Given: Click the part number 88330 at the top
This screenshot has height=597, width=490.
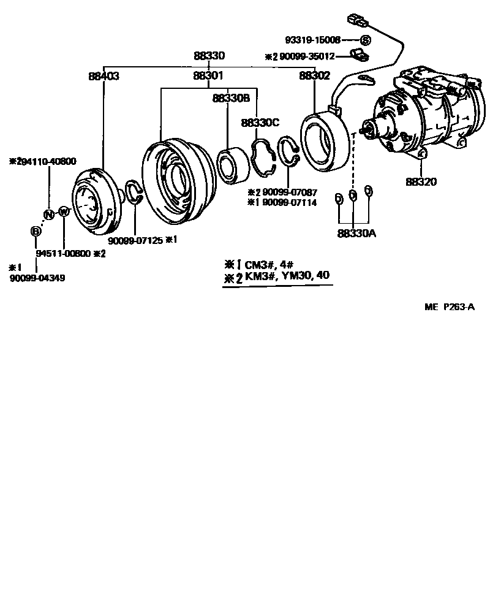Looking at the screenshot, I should (x=209, y=56).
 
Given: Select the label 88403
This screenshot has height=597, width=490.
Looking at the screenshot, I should (x=104, y=77).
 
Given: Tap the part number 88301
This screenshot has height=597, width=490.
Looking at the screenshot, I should (x=208, y=77).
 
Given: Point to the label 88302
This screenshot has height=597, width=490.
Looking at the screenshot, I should (x=314, y=76).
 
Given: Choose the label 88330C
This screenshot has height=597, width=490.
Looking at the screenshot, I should (x=260, y=123).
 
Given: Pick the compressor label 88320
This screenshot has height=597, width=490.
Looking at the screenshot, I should (x=420, y=181).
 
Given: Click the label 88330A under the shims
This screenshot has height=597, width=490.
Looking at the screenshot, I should (x=356, y=233).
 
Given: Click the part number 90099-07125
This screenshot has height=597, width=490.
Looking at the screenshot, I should (x=136, y=240).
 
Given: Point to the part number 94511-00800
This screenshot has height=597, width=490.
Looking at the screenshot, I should (x=63, y=253).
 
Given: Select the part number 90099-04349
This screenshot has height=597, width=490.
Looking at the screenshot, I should (x=37, y=278).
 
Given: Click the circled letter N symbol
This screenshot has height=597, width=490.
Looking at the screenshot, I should (x=48, y=214).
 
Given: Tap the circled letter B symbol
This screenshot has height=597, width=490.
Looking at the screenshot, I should (x=36, y=231).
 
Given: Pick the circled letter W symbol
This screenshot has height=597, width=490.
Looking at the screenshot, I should (x=63, y=212).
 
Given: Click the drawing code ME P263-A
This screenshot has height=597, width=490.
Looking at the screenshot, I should (x=449, y=308).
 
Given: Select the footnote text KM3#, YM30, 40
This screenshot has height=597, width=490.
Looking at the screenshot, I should (x=287, y=276).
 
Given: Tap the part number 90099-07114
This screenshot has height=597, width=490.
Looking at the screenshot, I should (x=289, y=202).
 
